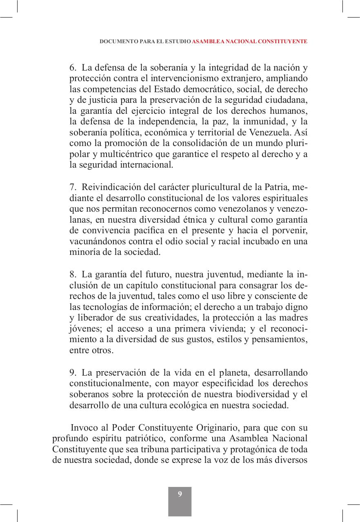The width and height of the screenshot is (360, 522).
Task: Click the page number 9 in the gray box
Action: click(180, 495)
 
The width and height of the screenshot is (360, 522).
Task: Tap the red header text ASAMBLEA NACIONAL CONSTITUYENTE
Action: click(249, 42)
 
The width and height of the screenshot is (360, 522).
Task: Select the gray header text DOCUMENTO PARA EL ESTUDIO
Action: click(145, 42)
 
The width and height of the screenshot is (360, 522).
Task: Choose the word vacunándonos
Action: click(97, 241)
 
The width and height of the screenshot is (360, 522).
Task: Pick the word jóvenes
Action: click(84, 328)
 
